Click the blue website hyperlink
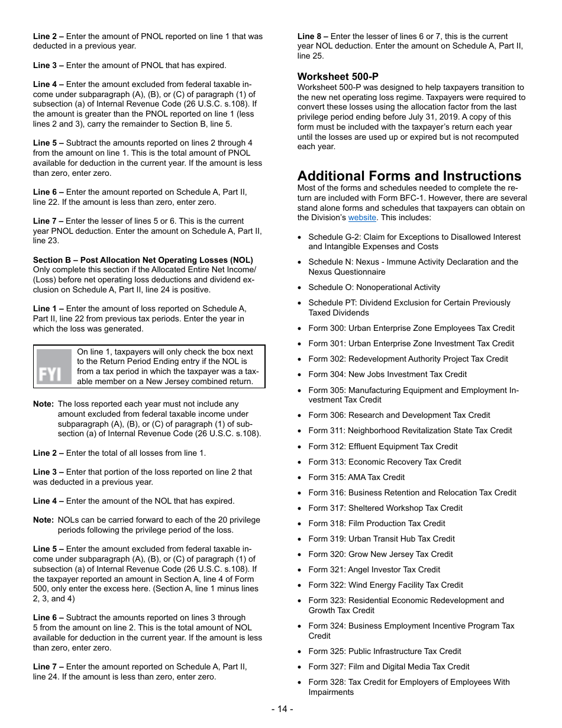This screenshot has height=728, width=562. pyautogui.click(x=362, y=218)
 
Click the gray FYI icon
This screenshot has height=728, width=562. pyautogui.click(x=54, y=367)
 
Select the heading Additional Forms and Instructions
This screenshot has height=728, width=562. pyautogui.click(x=409, y=176)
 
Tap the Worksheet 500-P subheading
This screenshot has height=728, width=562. pyautogui.click(x=338, y=76)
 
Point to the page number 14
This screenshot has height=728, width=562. pyautogui.click(x=282, y=709)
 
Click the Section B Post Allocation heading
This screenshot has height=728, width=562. pyautogui.click(x=143, y=260)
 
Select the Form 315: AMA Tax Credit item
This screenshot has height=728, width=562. pyautogui.click(x=356, y=477)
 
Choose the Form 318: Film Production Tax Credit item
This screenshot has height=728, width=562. pyautogui.click(x=376, y=523)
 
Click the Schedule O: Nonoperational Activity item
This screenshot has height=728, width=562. pyautogui.click(x=374, y=287)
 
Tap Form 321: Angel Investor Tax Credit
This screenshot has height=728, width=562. pyautogui.click(x=374, y=569)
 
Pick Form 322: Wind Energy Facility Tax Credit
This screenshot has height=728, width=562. pyautogui.click(x=385, y=585)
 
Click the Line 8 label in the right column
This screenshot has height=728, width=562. pyautogui.click(x=312, y=36)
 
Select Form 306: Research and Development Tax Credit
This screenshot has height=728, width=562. pyautogui.click(x=399, y=415)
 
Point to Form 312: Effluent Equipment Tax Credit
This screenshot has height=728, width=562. pyautogui.click(x=383, y=446)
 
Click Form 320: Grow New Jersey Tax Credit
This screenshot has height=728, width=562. pyautogui.click(x=380, y=554)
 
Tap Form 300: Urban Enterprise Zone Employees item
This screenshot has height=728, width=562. pyautogui.click(x=411, y=328)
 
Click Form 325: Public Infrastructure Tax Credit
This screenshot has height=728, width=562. pyautogui.click(x=385, y=651)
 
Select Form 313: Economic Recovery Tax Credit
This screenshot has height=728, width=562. pyautogui.click(x=385, y=462)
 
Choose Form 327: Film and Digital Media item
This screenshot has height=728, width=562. pyautogui.click(x=389, y=666)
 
